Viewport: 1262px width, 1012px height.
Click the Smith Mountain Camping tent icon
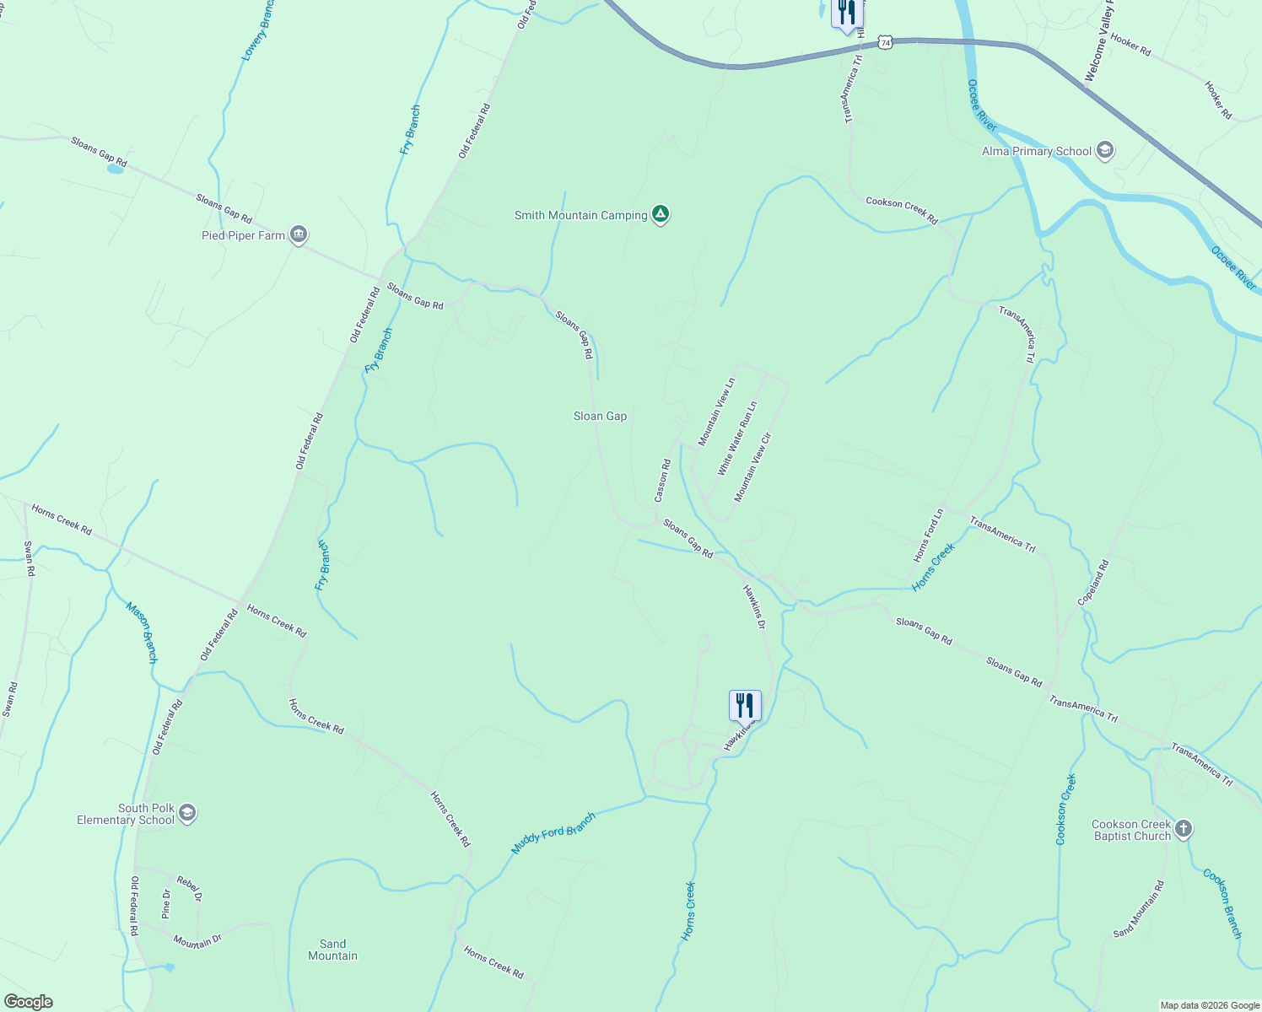[661, 215]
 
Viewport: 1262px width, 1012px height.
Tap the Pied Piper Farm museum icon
[298, 235]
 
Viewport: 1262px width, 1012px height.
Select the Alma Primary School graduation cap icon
[1105, 151]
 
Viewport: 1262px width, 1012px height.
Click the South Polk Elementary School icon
[187, 813]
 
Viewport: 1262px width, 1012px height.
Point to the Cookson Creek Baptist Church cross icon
[1184, 829]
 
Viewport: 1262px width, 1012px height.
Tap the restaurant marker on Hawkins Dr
[745, 705]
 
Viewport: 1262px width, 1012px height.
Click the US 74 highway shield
[884, 41]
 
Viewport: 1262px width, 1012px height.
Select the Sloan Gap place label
[600, 416]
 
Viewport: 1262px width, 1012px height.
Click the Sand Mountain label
[332, 950]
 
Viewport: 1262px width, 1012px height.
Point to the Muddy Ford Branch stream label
[553, 833]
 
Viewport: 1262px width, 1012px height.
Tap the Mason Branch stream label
[142, 632]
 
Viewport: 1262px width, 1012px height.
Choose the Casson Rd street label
[663, 481]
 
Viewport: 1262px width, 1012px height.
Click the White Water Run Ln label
[737, 439]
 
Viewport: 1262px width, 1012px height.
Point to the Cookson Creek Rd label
[901, 211]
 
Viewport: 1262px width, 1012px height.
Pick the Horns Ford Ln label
[929, 536]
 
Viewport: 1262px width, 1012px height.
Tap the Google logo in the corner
[28, 1002]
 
